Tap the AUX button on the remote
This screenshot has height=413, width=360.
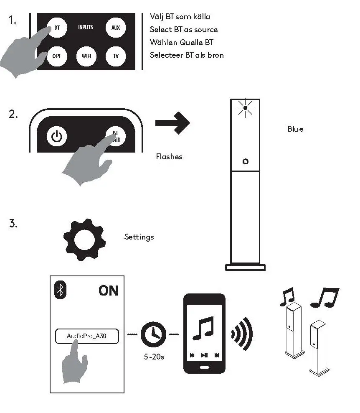115,28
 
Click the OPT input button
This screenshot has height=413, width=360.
57,56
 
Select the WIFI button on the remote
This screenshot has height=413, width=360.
86,56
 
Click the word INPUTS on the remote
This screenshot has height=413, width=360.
86,28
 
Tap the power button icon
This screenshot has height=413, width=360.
57,136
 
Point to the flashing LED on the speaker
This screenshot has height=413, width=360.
245,108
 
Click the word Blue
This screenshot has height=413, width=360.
295,129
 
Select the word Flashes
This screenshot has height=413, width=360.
169,157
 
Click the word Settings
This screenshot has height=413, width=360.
139,237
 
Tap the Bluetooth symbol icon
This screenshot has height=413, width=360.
61,290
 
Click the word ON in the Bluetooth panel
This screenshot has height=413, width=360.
108,291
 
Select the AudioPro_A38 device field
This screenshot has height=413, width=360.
87,336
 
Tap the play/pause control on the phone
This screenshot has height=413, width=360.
204,355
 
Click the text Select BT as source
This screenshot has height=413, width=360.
184,30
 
